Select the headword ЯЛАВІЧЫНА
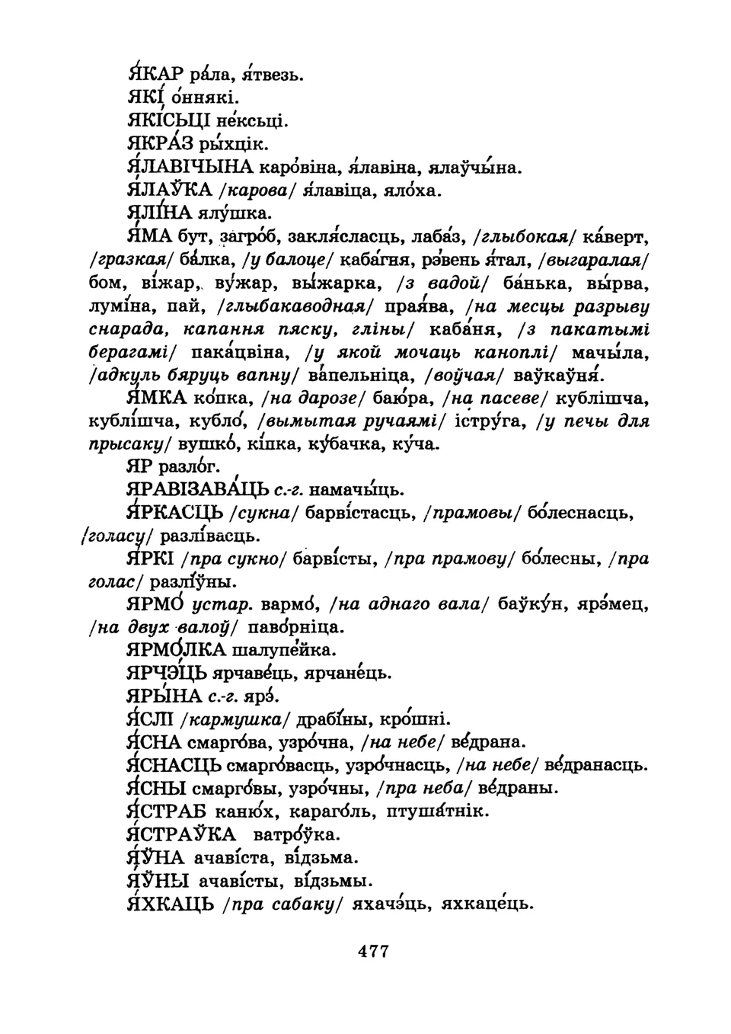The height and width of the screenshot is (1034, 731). tap(187, 166)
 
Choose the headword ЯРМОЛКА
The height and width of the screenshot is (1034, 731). tap(177, 650)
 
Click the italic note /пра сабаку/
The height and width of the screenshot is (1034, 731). tap(284, 904)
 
